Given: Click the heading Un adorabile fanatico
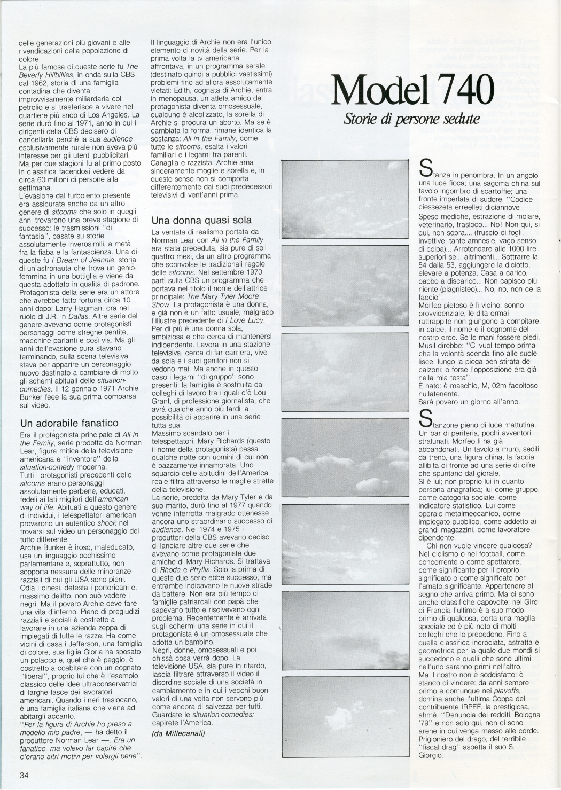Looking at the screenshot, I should (69, 423).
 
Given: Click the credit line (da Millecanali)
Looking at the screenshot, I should (178, 733).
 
